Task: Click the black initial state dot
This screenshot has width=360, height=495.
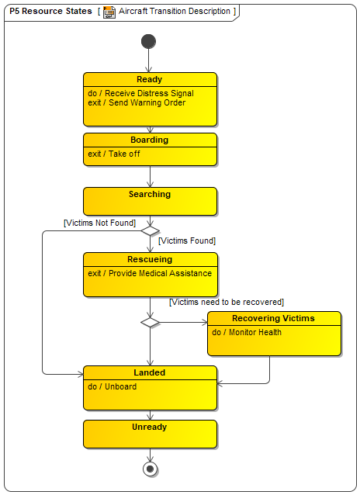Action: [148, 41]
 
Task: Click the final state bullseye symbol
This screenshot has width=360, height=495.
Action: [150, 469]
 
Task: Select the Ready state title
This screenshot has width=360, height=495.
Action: [150, 79]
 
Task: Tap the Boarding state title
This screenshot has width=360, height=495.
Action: [150, 140]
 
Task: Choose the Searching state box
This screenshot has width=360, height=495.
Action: [150, 202]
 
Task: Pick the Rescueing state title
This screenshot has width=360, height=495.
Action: [150, 259]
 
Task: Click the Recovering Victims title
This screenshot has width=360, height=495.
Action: [273, 318]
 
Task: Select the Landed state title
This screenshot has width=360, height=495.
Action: [150, 372]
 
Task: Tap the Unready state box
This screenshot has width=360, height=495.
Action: [150, 434]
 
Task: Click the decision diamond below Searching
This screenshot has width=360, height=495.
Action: [150, 230]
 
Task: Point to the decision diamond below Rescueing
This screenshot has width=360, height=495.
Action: [150, 322]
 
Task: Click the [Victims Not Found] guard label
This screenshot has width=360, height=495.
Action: [99, 223]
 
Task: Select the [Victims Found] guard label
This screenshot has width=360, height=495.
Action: [187, 241]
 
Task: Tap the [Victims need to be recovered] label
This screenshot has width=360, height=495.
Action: [227, 302]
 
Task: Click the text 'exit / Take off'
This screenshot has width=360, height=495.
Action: [114, 154]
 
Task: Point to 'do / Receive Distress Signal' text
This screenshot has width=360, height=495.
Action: [140, 93]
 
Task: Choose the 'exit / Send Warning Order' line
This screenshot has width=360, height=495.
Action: [137, 102]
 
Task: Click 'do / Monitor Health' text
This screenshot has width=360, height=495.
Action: [246, 332]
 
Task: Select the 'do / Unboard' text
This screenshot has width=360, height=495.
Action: [112, 386]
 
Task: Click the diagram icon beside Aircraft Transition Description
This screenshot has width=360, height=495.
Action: [109, 12]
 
